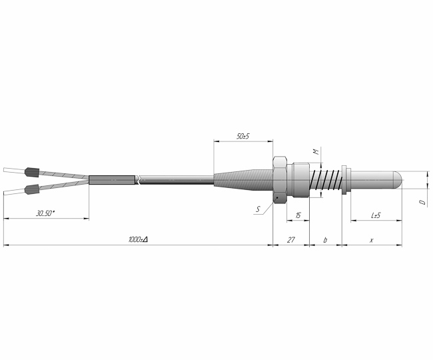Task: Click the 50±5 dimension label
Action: (243, 136)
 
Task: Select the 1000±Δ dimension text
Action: (138, 239)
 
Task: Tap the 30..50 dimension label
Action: (45, 213)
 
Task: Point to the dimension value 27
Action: (291, 240)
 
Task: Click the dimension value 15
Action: (298, 215)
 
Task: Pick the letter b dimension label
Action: (325, 240)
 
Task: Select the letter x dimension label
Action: (372, 241)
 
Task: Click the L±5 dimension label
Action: (376, 215)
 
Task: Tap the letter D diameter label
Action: (422, 202)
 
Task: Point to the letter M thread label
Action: (316, 151)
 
